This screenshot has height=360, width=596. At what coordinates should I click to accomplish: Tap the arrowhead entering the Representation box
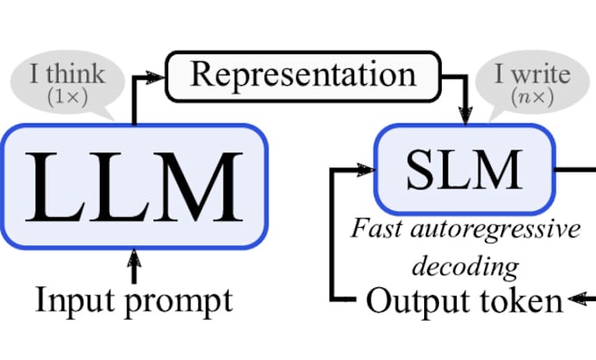pyautogui.click(x=158, y=77)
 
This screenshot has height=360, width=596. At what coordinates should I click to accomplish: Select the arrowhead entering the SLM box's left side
pyautogui.click(x=367, y=168)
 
